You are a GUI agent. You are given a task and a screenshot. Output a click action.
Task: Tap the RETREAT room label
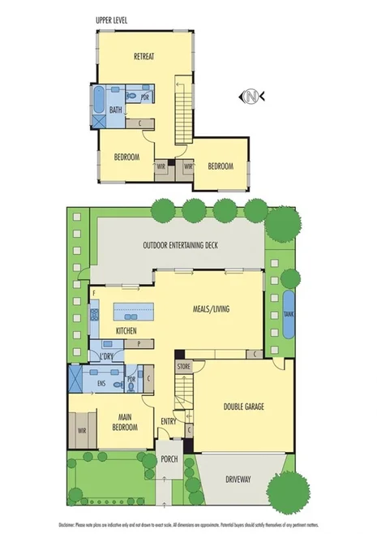coord(144,56)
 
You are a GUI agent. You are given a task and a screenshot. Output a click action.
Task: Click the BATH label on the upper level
coord(116,109)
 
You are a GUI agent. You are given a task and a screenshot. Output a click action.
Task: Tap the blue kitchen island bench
coord(134,311)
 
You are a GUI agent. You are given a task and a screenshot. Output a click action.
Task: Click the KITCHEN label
coord(125,331)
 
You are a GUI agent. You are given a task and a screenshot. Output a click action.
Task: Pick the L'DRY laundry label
coord(105,357)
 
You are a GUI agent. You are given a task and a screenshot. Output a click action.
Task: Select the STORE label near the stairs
coord(182,368)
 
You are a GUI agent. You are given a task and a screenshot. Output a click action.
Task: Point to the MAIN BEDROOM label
coord(118,422)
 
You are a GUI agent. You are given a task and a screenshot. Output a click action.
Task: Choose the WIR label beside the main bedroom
coord(83,430)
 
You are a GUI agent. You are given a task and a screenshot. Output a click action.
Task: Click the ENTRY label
coord(169,421)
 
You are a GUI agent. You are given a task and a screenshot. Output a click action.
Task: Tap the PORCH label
coord(169,459)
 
